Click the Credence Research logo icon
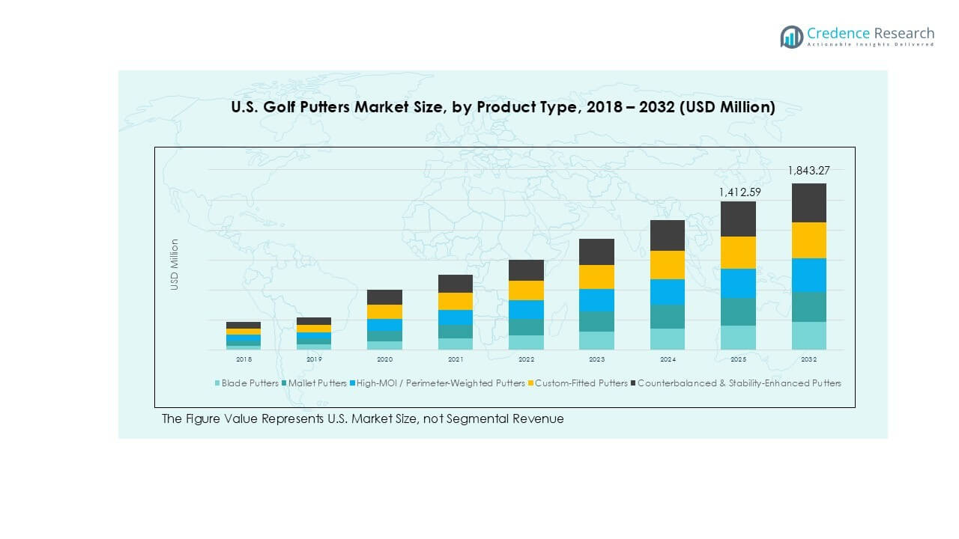(x=791, y=37)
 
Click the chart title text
(x=503, y=108)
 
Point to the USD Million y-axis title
(x=175, y=264)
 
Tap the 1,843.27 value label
(x=808, y=171)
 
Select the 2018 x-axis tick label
(x=243, y=359)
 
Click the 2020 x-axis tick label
(x=384, y=359)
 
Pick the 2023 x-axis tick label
(x=596, y=359)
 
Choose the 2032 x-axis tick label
(x=808, y=359)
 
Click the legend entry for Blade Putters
(x=246, y=383)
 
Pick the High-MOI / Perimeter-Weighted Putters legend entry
(x=438, y=383)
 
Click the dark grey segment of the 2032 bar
(x=808, y=203)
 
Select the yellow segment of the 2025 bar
(x=738, y=252)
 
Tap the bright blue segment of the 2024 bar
(x=667, y=292)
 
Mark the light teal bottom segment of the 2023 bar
(x=596, y=341)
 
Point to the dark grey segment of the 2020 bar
(x=384, y=297)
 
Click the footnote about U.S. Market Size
(x=363, y=419)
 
